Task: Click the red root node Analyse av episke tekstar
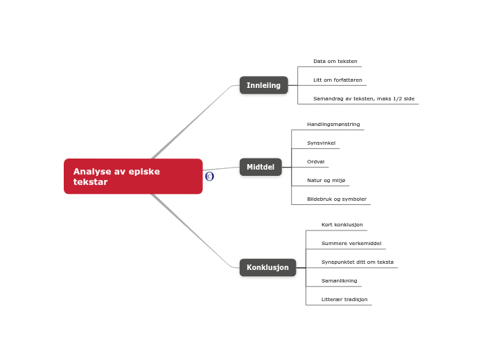pyautogui.click(x=133, y=177)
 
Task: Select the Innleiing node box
pyautogui.click(x=263, y=85)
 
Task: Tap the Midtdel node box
pyautogui.click(x=261, y=167)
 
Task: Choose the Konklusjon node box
pyautogui.click(x=267, y=267)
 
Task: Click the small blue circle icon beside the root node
pyautogui.click(x=209, y=177)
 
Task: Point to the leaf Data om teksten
pyautogui.click(x=335, y=62)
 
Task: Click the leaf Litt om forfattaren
pyautogui.click(x=337, y=80)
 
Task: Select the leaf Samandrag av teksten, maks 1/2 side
pyautogui.click(x=363, y=99)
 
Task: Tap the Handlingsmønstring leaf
pyautogui.click(x=333, y=125)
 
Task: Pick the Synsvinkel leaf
pyautogui.click(x=321, y=143)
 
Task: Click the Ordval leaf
pyautogui.click(x=315, y=162)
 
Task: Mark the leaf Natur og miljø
pyautogui.click(x=326, y=181)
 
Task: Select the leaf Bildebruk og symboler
pyautogui.click(x=337, y=199)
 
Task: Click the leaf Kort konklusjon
pyautogui.click(x=342, y=225)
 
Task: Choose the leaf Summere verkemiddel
pyautogui.click(x=351, y=244)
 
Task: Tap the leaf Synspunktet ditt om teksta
pyautogui.click(x=357, y=262)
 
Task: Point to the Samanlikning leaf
pyautogui.click(x=339, y=281)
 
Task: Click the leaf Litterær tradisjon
pyautogui.click(x=344, y=300)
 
